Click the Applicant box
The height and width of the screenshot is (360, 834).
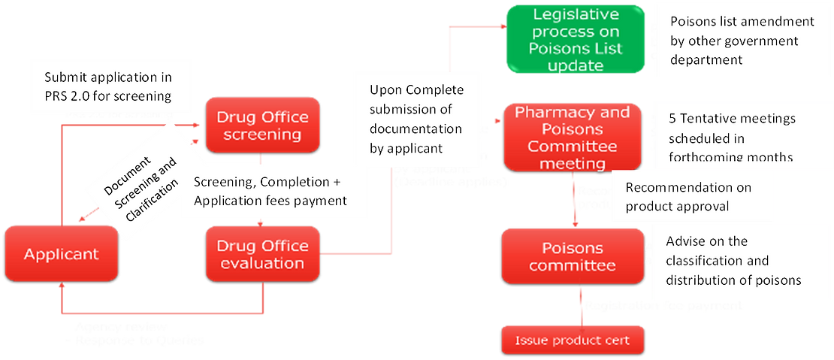pos(61,254)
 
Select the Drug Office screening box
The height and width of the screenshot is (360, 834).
pos(262,126)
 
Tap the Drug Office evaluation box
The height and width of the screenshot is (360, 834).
pos(262,254)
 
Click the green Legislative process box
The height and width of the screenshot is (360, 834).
pos(575,40)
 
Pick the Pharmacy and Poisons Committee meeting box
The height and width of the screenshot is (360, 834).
pos(573,137)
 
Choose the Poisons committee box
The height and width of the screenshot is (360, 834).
pos(573,256)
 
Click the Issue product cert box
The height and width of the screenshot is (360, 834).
pos(573,340)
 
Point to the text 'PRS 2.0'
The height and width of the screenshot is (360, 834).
pos(66,95)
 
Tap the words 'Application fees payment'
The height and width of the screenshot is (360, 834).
pos(270,201)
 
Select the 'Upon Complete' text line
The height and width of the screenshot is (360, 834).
pos(416,90)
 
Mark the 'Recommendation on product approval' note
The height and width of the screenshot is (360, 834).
pos(688,196)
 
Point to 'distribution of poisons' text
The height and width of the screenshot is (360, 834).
pos(734,280)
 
